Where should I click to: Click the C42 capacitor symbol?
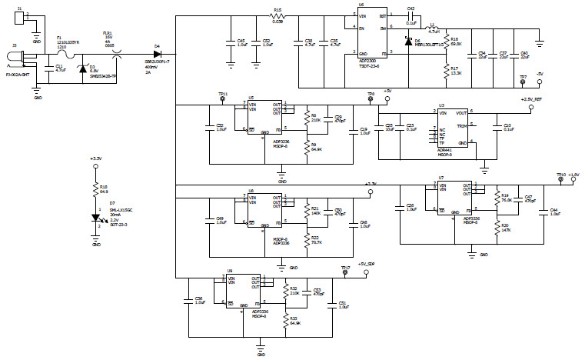click(412, 15)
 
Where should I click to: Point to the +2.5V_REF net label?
click(536, 99)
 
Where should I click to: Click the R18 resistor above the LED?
click(96, 190)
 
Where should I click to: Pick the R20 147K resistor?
click(497, 228)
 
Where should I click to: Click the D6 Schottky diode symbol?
click(408, 40)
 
